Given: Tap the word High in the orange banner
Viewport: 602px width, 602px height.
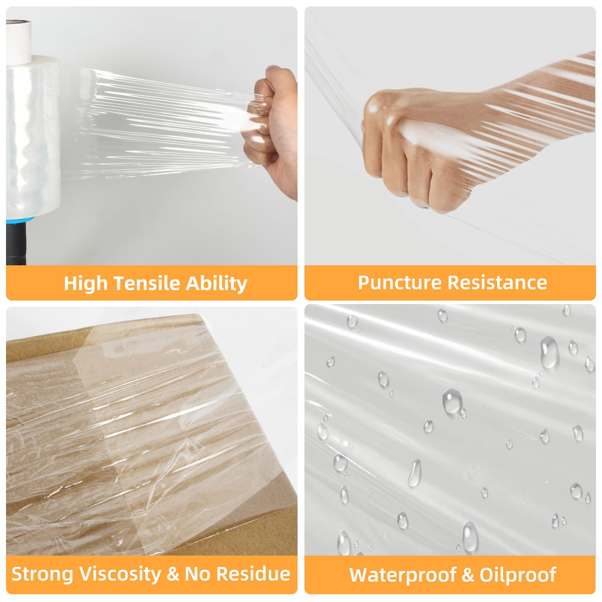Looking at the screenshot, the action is point(85,284).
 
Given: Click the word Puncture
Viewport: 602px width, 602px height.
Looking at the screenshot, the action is point(400,283).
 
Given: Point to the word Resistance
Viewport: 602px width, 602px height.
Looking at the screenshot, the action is point(498,283).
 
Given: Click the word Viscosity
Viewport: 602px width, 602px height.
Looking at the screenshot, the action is point(120,574).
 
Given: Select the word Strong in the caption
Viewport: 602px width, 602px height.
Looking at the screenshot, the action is point(42,574).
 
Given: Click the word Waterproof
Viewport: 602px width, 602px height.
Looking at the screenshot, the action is point(403,575).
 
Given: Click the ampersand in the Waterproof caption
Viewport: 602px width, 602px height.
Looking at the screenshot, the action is point(468,575).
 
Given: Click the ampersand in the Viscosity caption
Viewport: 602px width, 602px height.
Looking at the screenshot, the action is point(173,574).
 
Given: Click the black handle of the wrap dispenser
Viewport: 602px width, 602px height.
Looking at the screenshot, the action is point(15,244).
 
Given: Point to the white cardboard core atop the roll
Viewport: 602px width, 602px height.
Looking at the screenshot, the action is point(19,42).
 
